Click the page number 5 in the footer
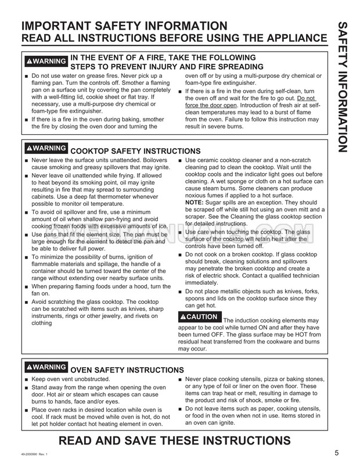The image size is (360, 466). coord(337,453)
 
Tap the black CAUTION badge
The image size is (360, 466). coord(199,317)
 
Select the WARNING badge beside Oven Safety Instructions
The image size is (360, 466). coord(46,368)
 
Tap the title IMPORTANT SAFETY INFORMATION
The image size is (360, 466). coord(124,26)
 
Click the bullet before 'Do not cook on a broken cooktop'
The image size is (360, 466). coord(181,255)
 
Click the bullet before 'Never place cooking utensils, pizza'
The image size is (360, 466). coord(181,379)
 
